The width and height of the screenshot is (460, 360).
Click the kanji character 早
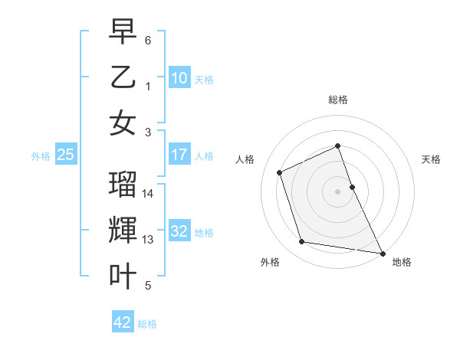(x=123, y=33)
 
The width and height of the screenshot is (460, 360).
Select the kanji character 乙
(x=123, y=77)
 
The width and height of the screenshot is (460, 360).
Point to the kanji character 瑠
(x=123, y=185)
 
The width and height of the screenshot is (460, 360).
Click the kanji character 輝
(x=123, y=231)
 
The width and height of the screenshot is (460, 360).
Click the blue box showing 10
(x=179, y=78)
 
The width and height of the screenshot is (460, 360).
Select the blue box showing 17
(x=179, y=155)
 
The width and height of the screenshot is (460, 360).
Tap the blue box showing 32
(x=179, y=231)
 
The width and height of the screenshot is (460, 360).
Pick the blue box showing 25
(x=66, y=155)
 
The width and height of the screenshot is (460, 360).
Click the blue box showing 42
(x=123, y=322)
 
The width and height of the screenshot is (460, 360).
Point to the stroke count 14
(x=149, y=194)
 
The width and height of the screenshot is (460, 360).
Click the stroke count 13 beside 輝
(x=149, y=240)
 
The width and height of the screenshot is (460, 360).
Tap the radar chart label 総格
(x=337, y=100)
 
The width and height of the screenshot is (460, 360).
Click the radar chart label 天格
(x=431, y=159)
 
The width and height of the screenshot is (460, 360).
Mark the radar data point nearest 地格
(x=381, y=252)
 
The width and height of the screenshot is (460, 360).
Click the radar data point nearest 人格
(x=281, y=172)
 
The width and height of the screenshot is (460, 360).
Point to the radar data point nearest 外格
(x=302, y=242)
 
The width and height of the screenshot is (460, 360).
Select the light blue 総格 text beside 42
(x=147, y=324)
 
